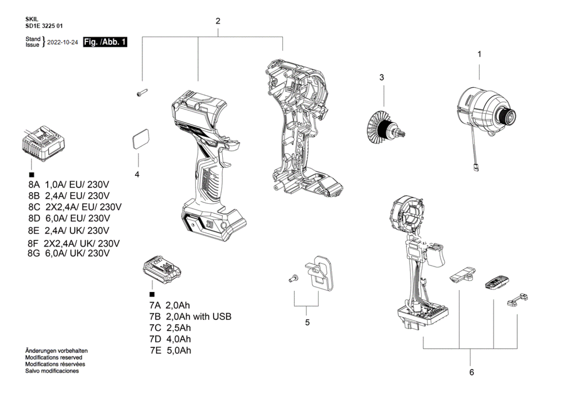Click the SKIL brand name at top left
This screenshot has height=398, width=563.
click(x=31, y=19)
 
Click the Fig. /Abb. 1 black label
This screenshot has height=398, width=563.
click(x=105, y=42)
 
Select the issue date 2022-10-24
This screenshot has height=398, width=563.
click(x=62, y=43)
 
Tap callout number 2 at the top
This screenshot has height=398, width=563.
click(x=218, y=21)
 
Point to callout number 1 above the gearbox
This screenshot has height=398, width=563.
click(x=479, y=54)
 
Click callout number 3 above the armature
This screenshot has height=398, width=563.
click(x=382, y=77)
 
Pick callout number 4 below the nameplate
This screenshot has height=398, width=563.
click(x=137, y=174)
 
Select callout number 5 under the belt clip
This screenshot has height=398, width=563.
click(x=307, y=322)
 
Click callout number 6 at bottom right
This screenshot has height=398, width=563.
click(x=471, y=372)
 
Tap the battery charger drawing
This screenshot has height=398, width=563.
click(x=44, y=144)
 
